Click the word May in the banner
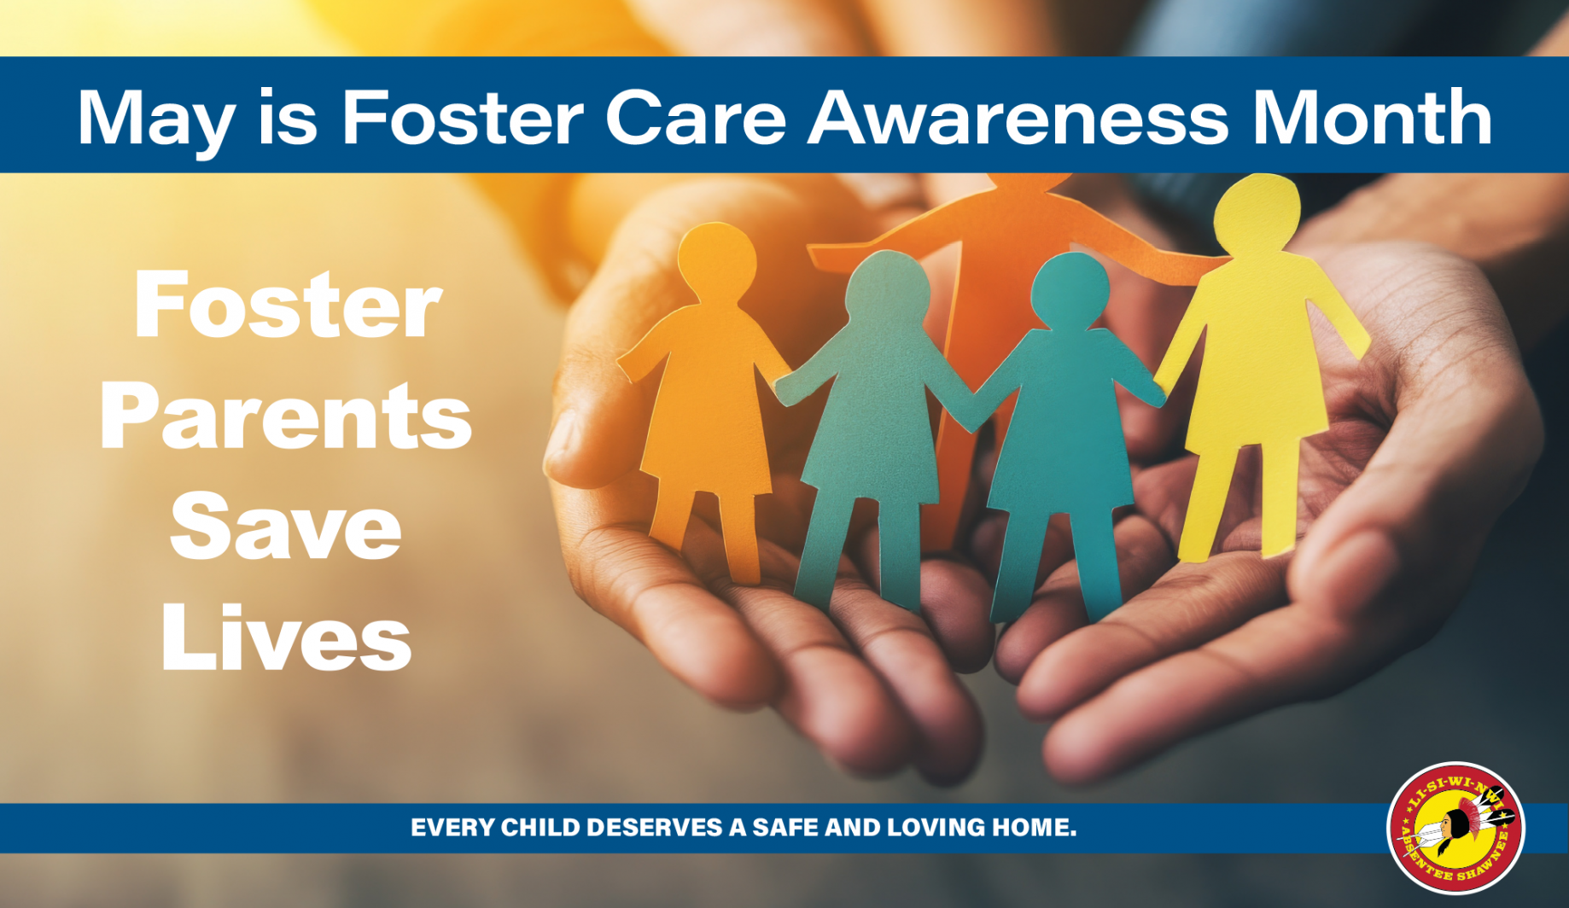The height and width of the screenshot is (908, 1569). pos(155,120)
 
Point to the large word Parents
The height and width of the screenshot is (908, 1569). pos(286,416)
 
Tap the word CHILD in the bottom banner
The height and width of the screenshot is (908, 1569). pos(540,827)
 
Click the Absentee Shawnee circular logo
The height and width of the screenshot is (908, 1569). pos(1456,827)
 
